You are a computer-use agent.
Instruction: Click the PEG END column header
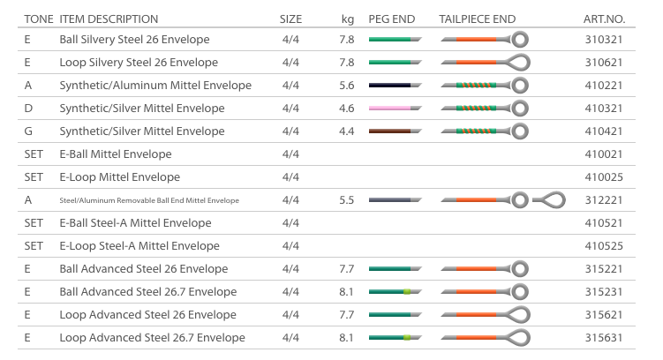390,19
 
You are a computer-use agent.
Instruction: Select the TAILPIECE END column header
477,19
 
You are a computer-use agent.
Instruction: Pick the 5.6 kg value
346,86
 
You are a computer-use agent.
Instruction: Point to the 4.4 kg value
346,131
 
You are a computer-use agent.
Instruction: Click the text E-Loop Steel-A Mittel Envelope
139,246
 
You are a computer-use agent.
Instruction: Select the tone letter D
28,109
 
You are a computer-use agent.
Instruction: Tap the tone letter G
28,131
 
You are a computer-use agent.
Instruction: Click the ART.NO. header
604,19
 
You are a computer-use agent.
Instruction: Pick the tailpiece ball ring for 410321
520,109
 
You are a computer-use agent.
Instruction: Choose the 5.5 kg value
346,200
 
